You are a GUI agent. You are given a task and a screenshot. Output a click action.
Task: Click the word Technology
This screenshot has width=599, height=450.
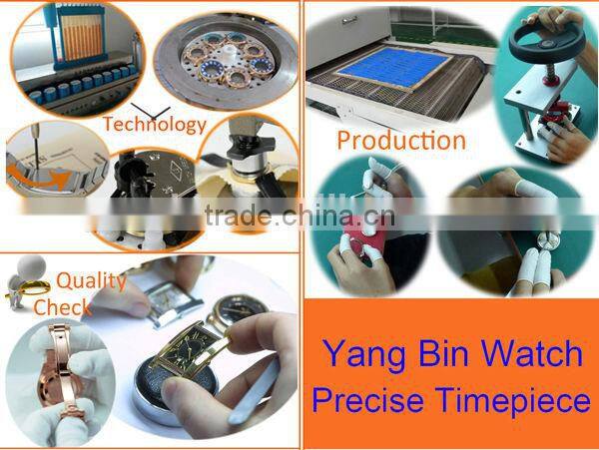[x=154, y=125]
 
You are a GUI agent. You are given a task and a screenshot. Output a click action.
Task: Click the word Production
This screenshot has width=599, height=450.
[x=400, y=140]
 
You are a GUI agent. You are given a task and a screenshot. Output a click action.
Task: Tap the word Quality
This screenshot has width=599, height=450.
[x=91, y=280]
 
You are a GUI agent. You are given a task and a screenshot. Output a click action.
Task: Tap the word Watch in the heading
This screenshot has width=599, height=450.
[x=536, y=353]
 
